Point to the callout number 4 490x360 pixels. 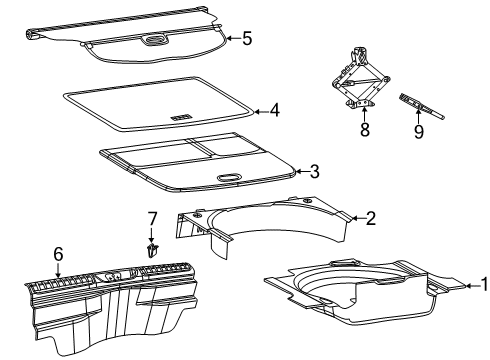274,112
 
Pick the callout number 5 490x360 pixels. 247,39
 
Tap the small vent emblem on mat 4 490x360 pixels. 181,117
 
